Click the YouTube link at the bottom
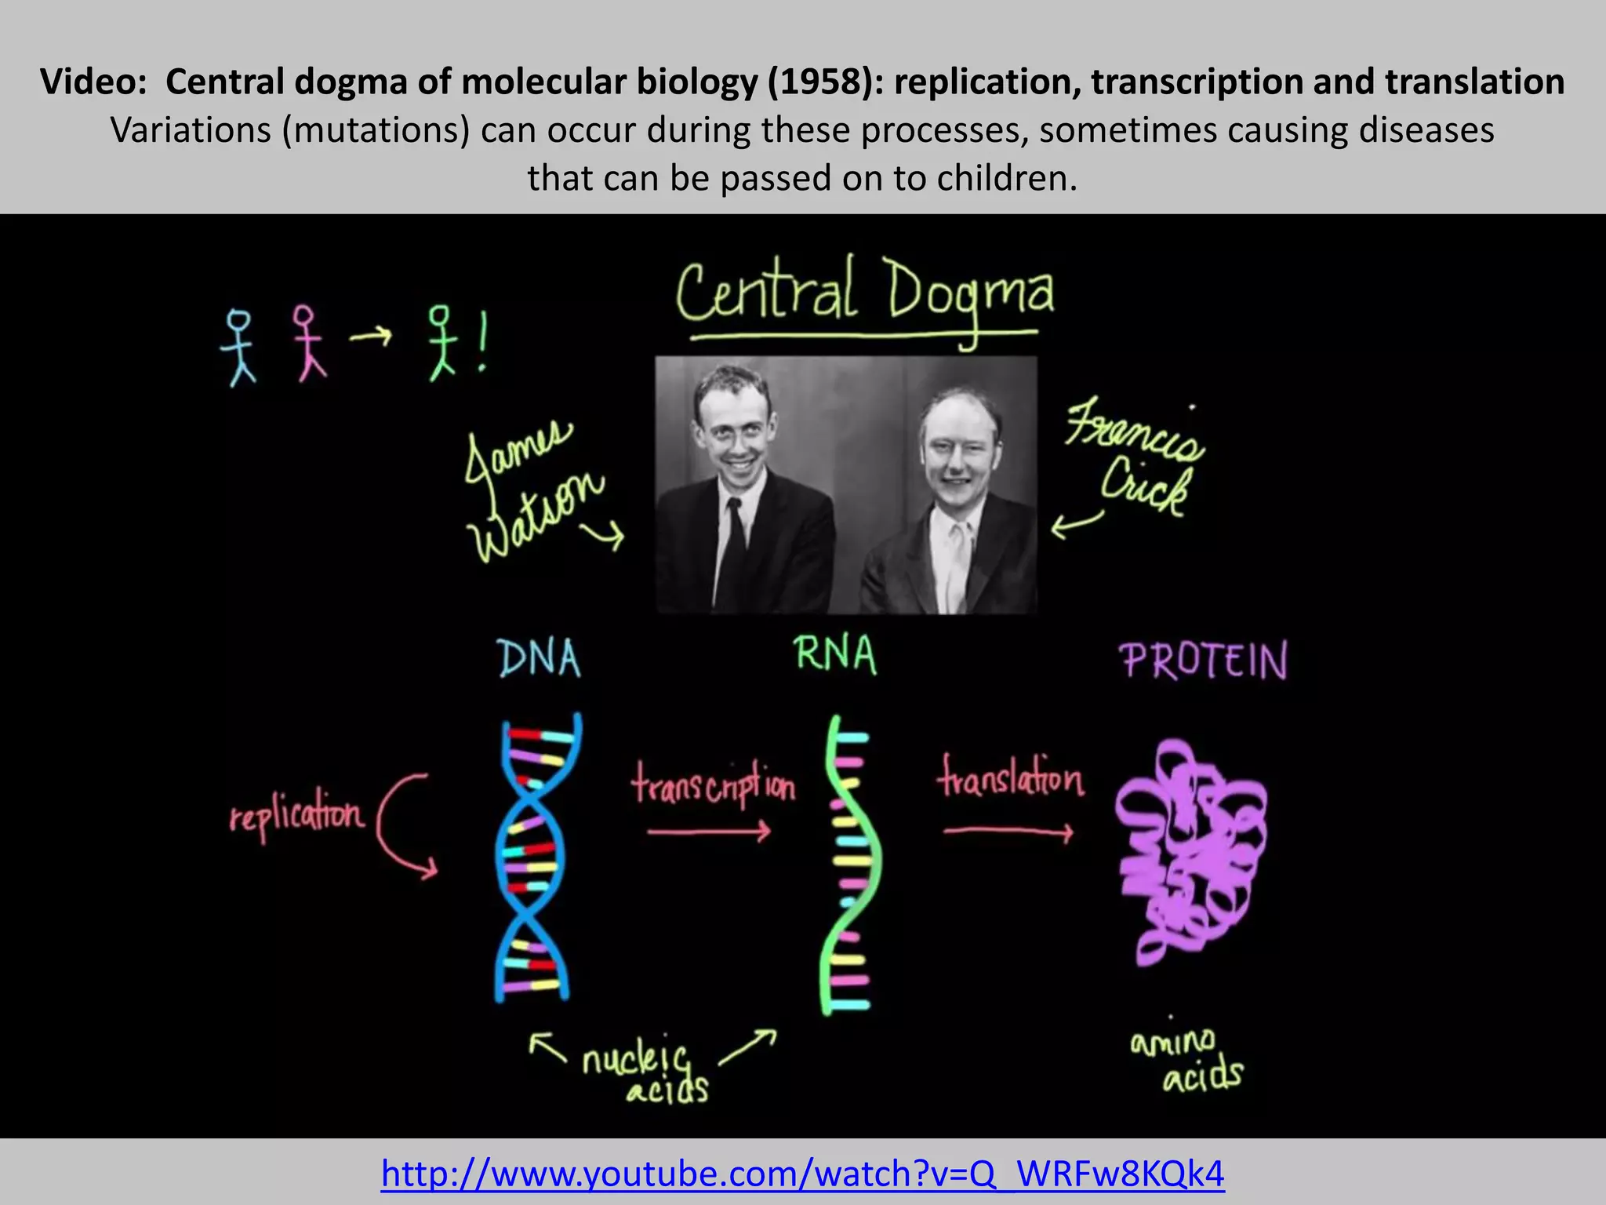[x=802, y=1174]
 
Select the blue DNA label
[x=540, y=658]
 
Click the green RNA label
[x=834, y=654]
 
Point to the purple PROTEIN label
[x=1203, y=661]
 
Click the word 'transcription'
[x=714, y=785]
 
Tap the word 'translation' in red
[x=1011, y=777]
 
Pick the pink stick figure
[x=307, y=344]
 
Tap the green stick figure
[x=441, y=344]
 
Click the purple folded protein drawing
[x=1188, y=851]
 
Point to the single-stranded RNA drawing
[x=850, y=863]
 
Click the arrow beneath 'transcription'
[x=709, y=832]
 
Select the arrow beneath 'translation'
[x=1008, y=832]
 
